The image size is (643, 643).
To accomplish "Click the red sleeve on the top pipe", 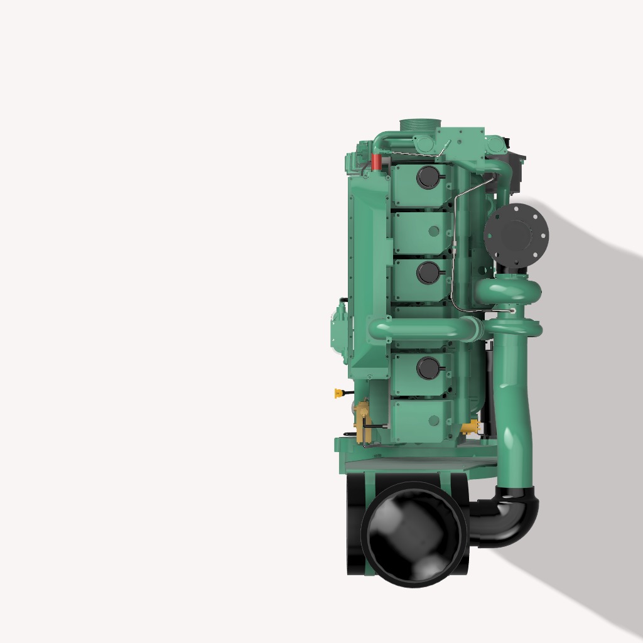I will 376,161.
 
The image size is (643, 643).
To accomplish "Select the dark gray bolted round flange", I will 517,234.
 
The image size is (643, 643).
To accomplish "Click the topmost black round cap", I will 429,178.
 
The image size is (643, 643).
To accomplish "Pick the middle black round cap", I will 428,273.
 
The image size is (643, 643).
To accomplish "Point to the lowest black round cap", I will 428,367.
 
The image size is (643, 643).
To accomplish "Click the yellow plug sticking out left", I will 339,393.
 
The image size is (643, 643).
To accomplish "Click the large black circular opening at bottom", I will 414,534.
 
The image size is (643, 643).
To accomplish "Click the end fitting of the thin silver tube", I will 512,310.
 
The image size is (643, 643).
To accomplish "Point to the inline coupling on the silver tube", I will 453,251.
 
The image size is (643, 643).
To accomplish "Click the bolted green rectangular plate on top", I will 461,143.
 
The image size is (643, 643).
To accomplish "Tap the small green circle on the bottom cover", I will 433,419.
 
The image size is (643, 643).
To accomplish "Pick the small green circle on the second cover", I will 433,231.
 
